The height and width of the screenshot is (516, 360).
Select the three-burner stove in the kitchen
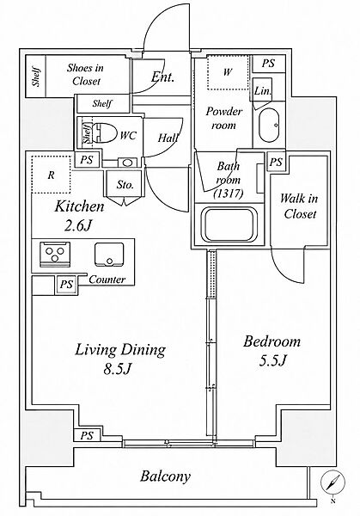[55, 254]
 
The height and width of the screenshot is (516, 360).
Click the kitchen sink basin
[109, 254]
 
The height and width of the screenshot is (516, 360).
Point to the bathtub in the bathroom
[229, 224]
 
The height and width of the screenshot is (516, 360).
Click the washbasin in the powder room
[269, 126]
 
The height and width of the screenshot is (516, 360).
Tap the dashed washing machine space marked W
[228, 72]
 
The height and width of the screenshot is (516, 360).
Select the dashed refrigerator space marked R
[52, 175]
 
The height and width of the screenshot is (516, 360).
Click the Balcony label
[165, 476]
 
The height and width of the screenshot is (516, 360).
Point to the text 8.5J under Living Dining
[118, 369]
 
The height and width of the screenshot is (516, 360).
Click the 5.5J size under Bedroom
[273, 361]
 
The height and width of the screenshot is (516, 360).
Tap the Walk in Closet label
[299, 206]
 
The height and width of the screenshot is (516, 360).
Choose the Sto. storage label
[125, 185]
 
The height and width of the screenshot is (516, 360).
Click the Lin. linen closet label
[263, 91]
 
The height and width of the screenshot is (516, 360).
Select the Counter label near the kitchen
[107, 279]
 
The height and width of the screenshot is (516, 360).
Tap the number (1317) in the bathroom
[229, 193]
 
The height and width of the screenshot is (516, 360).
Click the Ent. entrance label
[162, 77]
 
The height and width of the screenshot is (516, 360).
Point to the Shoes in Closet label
[85, 74]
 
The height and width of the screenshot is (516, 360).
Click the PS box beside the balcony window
[87, 436]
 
